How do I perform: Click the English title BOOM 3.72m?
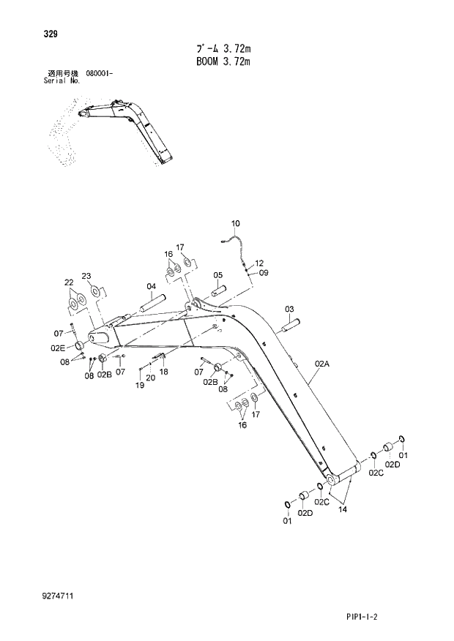point(223,62)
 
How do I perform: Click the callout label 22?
point(69,282)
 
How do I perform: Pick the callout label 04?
point(151,286)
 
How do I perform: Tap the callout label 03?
point(289,309)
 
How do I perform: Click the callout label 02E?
point(58,348)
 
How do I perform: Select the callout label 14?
point(342,509)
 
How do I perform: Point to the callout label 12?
point(258,262)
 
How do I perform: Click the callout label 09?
point(264,273)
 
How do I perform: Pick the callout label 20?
point(150,378)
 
